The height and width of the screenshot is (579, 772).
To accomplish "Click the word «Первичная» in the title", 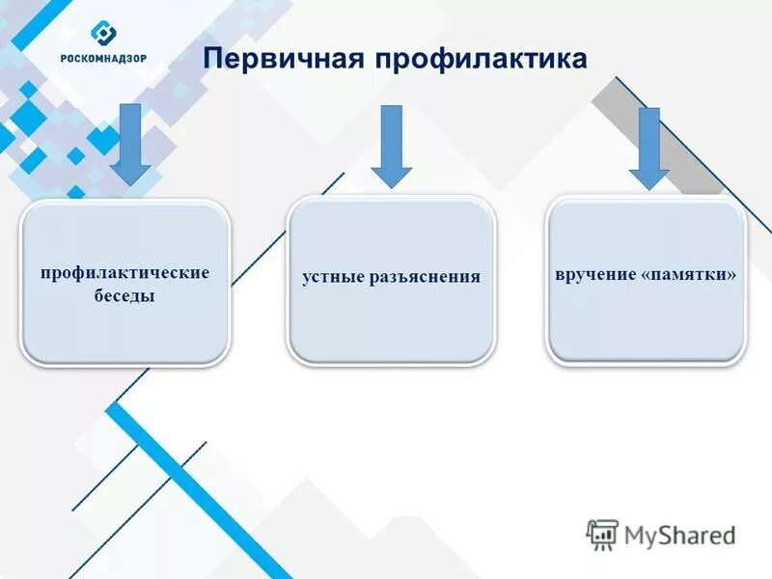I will (281, 59).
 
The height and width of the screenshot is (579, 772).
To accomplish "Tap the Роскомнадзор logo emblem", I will (103, 33).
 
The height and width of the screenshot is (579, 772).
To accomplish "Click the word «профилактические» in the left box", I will (125, 272).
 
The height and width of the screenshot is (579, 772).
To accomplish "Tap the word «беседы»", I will (125, 296).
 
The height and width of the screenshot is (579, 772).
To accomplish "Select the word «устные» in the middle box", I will (333, 277).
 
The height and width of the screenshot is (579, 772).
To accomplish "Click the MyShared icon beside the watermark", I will (602, 535).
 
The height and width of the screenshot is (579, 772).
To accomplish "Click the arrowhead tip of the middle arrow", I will (391, 185).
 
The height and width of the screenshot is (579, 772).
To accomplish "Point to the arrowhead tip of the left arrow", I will (130, 183).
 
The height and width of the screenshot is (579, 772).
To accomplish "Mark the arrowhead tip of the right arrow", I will (649, 187).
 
